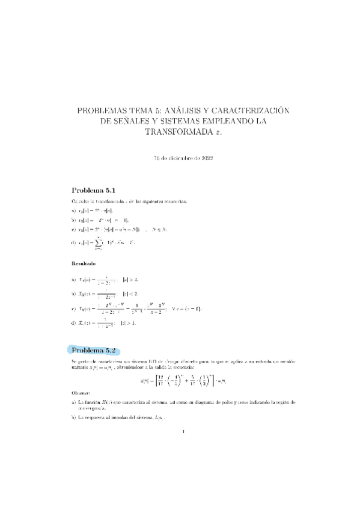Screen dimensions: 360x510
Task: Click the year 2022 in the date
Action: [204, 158]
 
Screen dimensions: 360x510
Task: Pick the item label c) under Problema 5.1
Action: [73, 229]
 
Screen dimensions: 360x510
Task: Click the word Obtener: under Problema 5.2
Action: [83, 393]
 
